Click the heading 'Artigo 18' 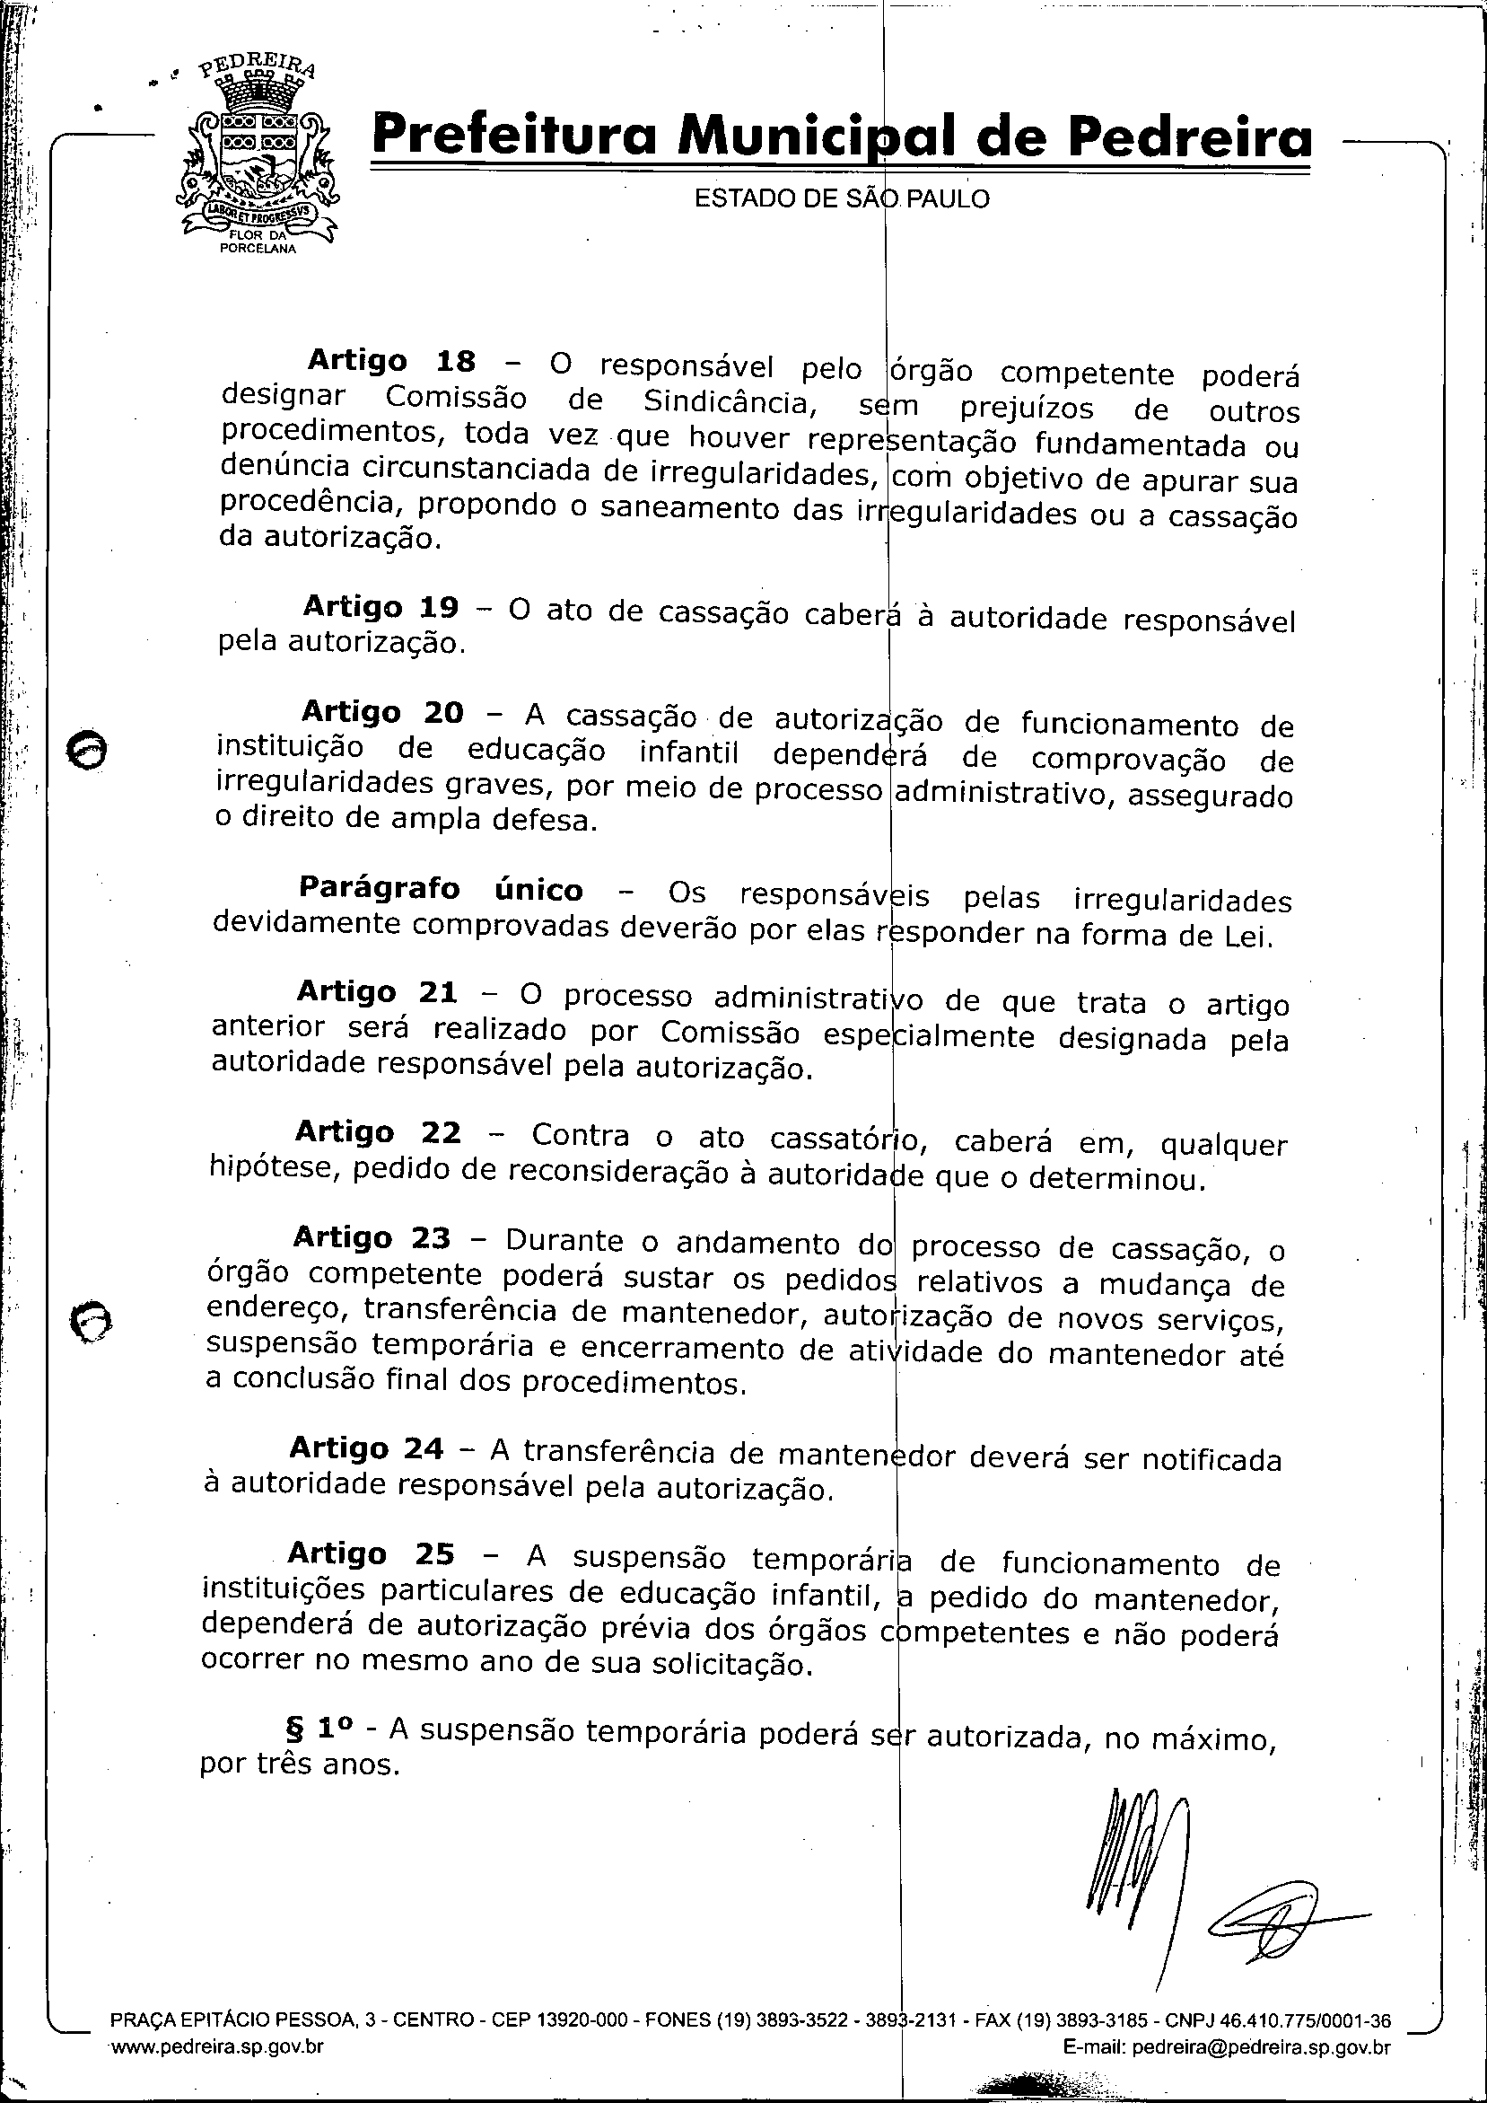[x=391, y=361]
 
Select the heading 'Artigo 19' [x=380, y=606]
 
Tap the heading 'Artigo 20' [x=381, y=712]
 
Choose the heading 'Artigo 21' [x=376, y=992]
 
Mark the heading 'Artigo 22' [x=377, y=1132]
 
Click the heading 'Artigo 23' [x=371, y=1237]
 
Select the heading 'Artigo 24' [x=366, y=1448]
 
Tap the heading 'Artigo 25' [x=370, y=1553]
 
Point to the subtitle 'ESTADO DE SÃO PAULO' [x=842, y=198]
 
